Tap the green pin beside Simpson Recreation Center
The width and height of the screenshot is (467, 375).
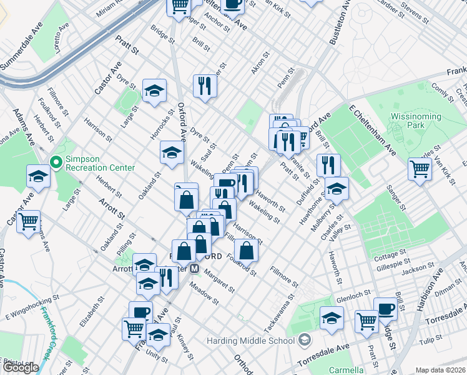(x=56, y=163)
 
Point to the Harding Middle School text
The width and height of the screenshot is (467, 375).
(x=250, y=341)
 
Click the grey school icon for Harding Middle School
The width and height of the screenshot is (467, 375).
(x=304, y=341)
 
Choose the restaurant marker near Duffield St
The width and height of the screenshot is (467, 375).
(x=328, y=165)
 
